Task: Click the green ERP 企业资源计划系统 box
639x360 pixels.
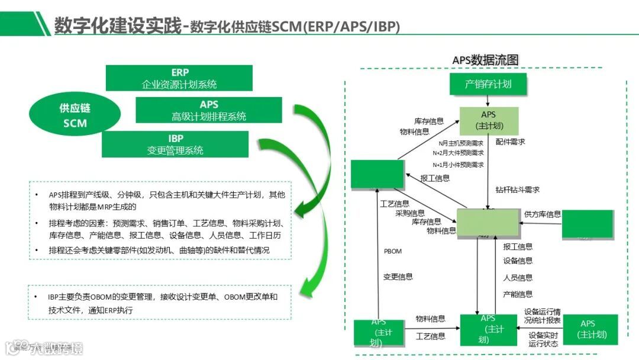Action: click(x=179, y=78)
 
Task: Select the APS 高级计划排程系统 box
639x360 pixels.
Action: click(x=209, y=110)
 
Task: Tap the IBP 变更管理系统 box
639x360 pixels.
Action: click(x=175, y=144)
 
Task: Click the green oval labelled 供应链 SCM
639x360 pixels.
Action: click(x=75, y=115)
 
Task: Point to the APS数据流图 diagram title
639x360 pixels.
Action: click(x=485, y=60)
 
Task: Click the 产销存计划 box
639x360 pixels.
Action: click(x=488, y=84)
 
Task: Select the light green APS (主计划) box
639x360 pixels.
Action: click(x=489, y=120)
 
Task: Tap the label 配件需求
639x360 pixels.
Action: click(x=511, y=142)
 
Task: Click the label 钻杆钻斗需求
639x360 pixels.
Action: click(x=518, y=189)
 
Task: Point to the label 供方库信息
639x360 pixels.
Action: click(x=543, y=214)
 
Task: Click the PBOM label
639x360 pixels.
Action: click(x=392, y=251)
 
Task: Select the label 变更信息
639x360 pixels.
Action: click(x=398, y=277)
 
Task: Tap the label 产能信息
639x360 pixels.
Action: click(x=518, y=294)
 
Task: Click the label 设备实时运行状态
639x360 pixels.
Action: click(x=543, y=339)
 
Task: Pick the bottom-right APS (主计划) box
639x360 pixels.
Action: click(x=589, y=329)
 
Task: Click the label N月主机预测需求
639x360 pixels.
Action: click(x=461, y=143)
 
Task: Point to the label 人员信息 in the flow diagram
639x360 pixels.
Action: click(x=518, y=277)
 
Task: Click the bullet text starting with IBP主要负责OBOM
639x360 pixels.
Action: click(x=163, y=303)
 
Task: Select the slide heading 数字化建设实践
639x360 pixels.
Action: click(x=118, y=25)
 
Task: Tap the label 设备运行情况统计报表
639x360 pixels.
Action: click(x=543, y=316)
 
